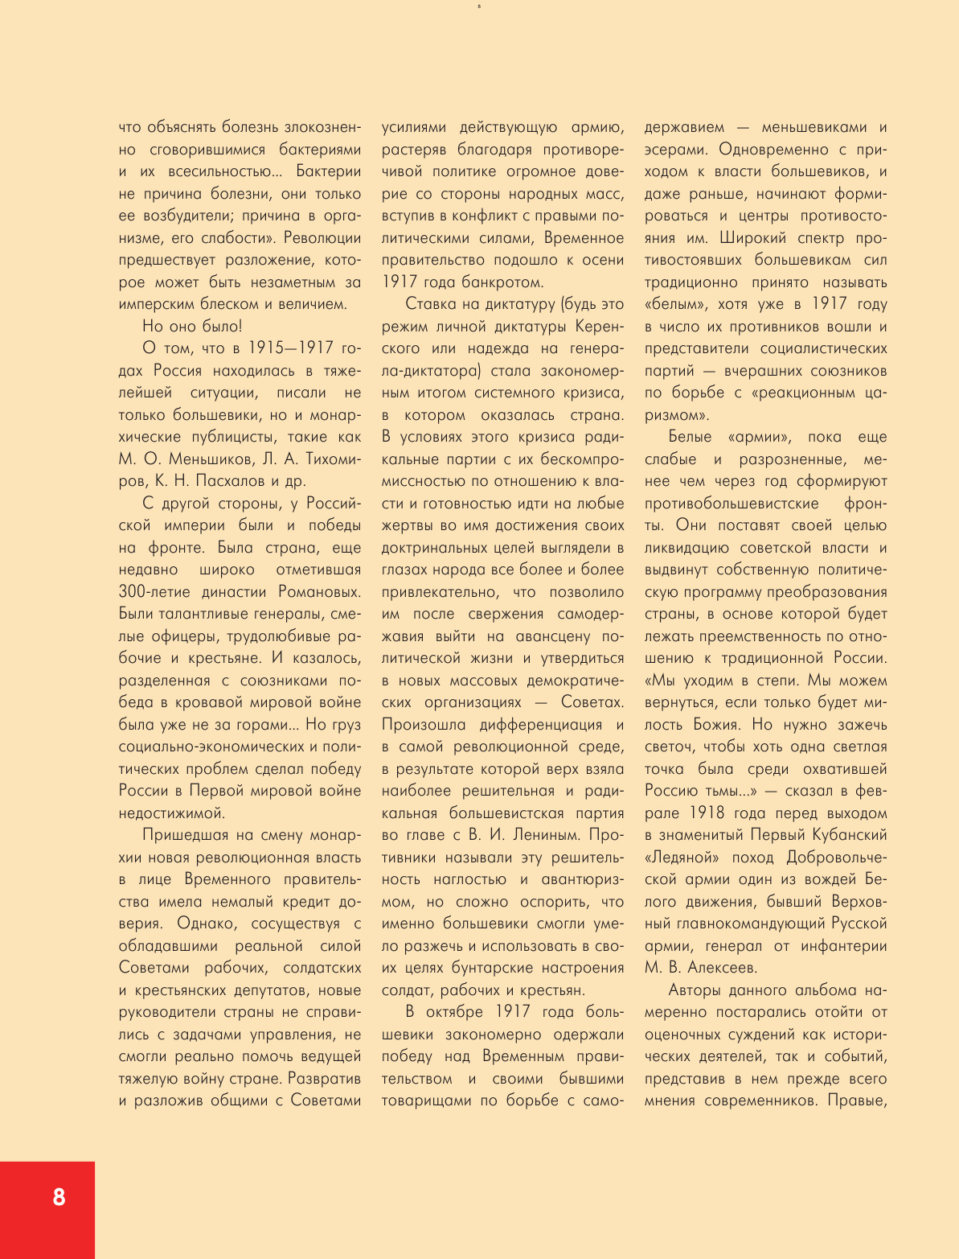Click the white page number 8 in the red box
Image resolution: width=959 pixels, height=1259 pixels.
[59, 1197]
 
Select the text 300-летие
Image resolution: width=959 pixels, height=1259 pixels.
[154, 591]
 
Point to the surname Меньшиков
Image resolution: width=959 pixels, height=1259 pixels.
[190, 459]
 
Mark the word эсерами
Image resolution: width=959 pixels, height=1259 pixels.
[677, 150]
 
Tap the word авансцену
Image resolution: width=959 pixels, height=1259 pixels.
[552, 636]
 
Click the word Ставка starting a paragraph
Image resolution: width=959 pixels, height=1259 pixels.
[435, 304]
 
